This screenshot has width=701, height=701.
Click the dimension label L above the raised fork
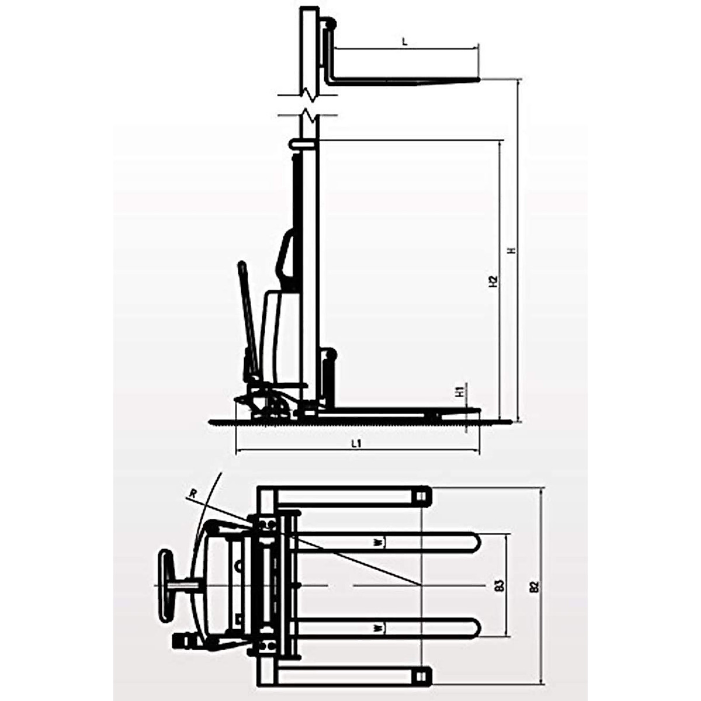click(405, 41)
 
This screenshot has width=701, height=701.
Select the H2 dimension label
click(493, 281)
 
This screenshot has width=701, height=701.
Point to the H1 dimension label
click(460, 392)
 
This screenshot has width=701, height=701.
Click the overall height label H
click(512, 250)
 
